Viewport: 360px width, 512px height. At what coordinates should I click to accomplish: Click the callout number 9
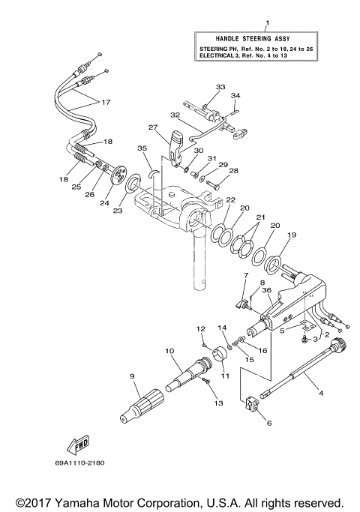click(x=131, y=376)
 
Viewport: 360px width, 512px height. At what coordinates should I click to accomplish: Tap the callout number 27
click(x=153, y=128)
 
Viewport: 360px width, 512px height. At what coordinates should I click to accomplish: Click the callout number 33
click(x=220, y=88)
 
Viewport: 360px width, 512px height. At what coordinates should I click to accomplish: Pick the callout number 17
click(x=105, y=102)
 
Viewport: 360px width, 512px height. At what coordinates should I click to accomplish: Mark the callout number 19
click(x=292, y=235)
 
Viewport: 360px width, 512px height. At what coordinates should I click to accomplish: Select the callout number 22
click(x=231, y=199)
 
